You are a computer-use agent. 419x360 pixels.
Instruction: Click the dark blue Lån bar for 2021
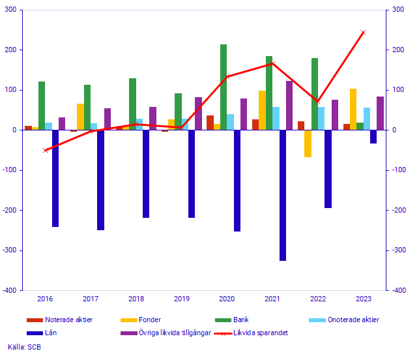point(283,195)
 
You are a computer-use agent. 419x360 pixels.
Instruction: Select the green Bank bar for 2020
point(224,87)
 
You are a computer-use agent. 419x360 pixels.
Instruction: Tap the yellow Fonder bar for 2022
point(308,143)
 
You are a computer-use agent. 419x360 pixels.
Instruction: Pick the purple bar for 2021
point(289,106)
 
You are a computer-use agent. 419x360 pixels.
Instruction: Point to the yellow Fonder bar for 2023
point(353,110)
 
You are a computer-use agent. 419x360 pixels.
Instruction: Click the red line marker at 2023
point(363,32)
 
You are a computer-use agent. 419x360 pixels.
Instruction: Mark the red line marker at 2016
point(45,150)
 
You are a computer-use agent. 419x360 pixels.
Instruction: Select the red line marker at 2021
point(272,63)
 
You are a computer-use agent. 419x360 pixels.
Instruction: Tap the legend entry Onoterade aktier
point(353,320)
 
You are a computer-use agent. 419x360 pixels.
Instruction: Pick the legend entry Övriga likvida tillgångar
point(173,333)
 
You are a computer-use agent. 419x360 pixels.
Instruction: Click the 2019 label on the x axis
point(181,299)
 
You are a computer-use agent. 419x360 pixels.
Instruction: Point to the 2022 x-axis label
point(318,299)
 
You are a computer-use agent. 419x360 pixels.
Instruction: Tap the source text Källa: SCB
point(24,347)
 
